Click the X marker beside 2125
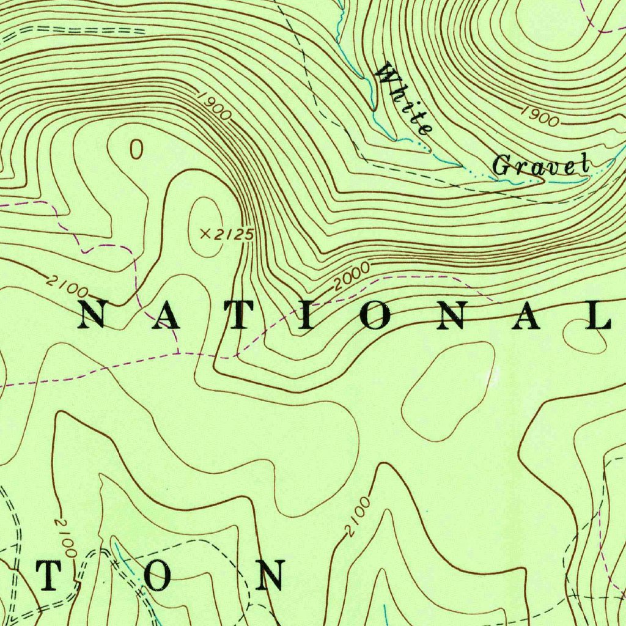(x=206, y=233)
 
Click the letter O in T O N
(x=158, y=575)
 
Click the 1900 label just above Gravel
(x=540, y=117)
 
